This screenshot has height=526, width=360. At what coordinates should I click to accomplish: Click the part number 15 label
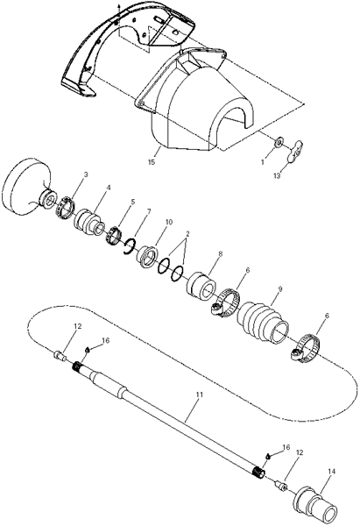pos(152,162)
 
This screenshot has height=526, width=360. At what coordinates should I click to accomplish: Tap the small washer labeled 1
pos(279,142)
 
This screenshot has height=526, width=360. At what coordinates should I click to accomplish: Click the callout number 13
pos(277,175)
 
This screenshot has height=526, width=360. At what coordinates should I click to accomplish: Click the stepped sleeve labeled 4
pos(88,223)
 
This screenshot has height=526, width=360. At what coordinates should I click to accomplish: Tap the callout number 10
pos(168,222)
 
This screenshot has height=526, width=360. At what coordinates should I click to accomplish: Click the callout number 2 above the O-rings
pos(187,234)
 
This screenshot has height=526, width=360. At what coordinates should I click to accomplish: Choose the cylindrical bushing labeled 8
pos(201,286)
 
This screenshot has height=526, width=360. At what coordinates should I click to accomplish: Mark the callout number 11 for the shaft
pos(200,394)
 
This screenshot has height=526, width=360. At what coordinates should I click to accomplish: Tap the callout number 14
pos(331,472)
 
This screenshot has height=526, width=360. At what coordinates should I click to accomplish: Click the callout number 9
pos(280,288)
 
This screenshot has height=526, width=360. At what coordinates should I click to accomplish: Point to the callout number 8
pos(220,254)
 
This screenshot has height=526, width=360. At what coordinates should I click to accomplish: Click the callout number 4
pos(108,188)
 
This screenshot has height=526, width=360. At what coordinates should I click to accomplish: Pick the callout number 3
pos(86,174)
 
